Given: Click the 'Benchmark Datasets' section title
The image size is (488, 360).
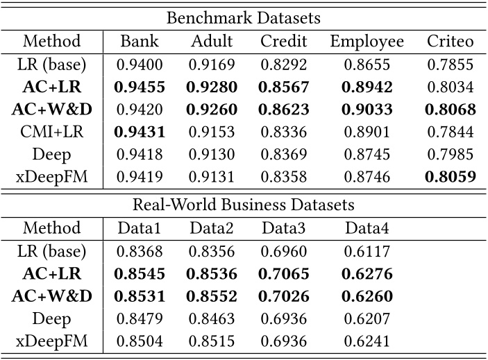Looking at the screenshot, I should pyautogui.click(x=244, y=17).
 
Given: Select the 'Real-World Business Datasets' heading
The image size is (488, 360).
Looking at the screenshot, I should pyautogui.click(x=244, y=205).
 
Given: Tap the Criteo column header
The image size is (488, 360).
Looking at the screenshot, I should pyautogui.click(x=450, y=41).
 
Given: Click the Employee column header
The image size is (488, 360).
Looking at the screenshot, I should pyautogui.click(x=367, y=41).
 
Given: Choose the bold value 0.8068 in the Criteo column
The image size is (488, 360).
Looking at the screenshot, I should pyautogui.click(x=450, y=110).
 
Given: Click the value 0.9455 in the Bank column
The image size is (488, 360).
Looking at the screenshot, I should pyautogui.click(x=138, y=87).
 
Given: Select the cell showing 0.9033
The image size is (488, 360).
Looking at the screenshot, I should pyautogui.click(x=367, y=110).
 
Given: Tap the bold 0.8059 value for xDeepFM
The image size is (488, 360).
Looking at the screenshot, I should pyautogui.click(x=450, y=177).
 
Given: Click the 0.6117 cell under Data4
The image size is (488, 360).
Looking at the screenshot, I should pyautogui.click(x=367, y=251).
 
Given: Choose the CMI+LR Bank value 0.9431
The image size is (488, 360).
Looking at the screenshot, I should pyautogui.click(x=138, y=132).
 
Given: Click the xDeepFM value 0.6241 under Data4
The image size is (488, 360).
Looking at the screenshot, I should pyautogui.click(x=367, y=341).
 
